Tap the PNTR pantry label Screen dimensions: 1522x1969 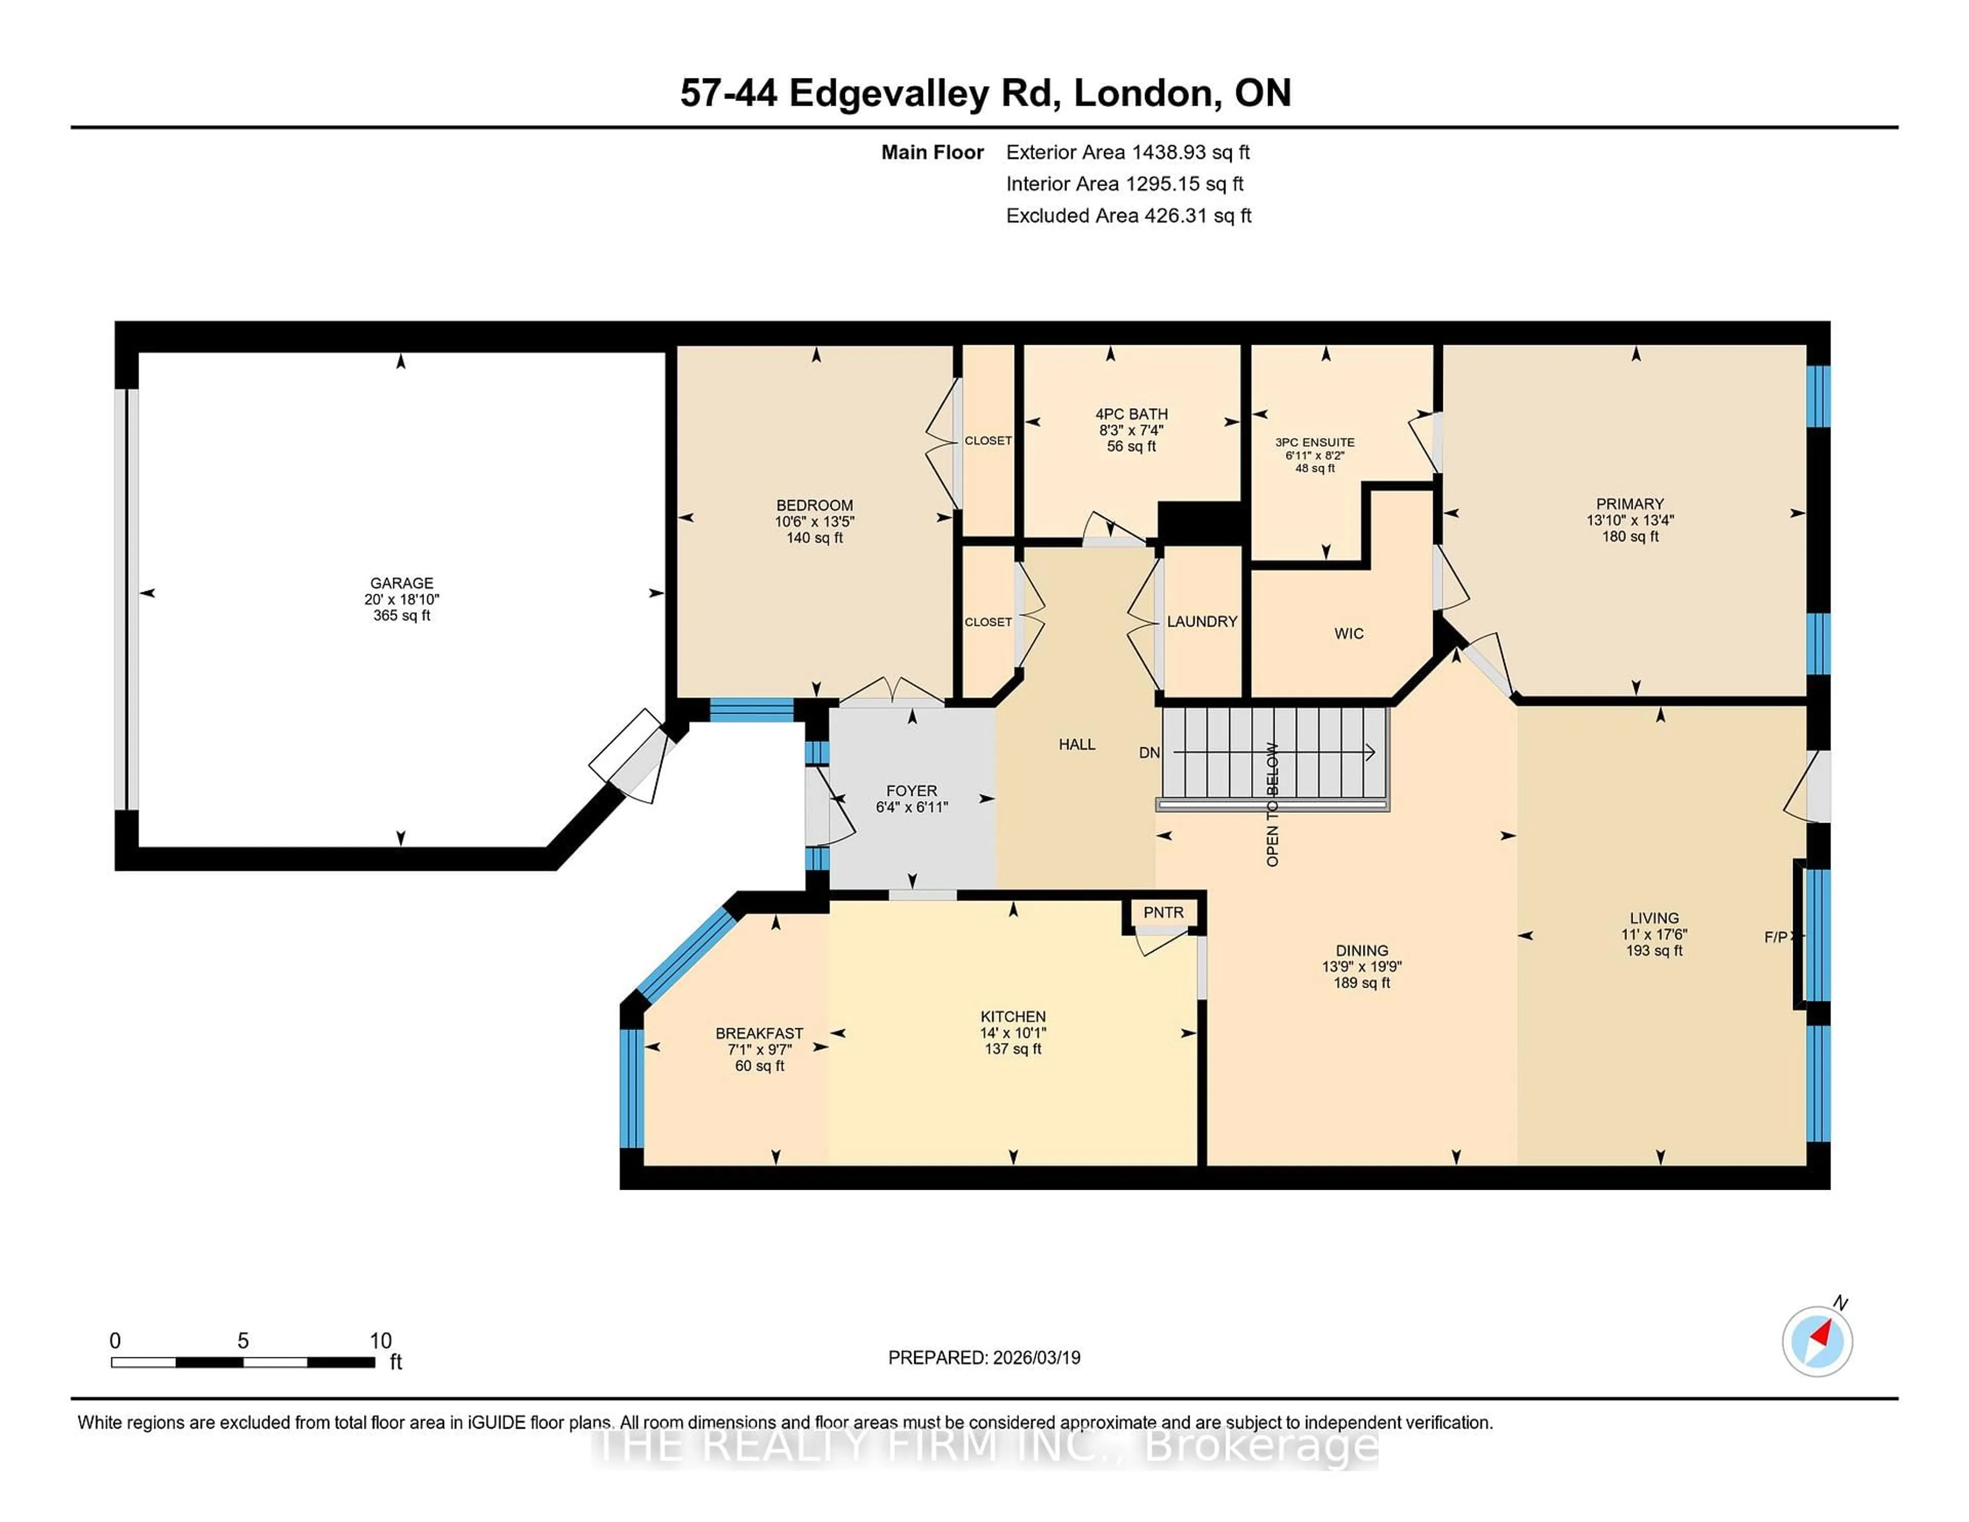tap(1163, 912)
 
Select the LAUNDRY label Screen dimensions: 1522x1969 tap(1202, 621)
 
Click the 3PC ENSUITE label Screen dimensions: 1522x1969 tap(1315, 442)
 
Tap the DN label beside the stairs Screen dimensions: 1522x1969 tap(1149, 752)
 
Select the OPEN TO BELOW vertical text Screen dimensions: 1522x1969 tap(1272, 804)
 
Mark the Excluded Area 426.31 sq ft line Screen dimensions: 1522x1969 tap(1128, 215)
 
